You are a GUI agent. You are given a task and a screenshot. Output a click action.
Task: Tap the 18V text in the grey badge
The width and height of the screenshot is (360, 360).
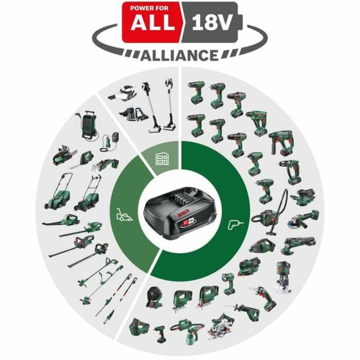(x=211, y=23)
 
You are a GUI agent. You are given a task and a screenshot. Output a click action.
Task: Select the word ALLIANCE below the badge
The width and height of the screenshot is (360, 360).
(x=179, y=55)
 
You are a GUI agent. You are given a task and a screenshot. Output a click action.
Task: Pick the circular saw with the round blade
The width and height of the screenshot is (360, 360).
(x=222, y=324)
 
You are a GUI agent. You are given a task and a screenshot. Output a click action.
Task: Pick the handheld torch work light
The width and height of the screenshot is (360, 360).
(x=228, y=282)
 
